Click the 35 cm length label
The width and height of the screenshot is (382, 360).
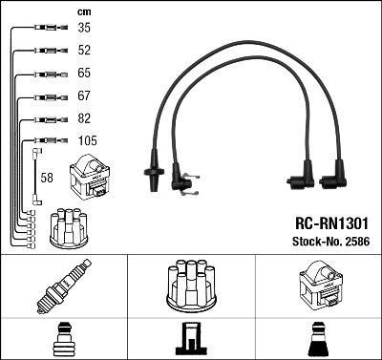[84, 28]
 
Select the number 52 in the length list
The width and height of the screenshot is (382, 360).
[84, 51]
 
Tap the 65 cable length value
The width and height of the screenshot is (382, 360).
[84, 73]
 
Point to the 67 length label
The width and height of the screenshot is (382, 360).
[84, 95]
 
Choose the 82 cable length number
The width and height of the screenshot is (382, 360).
[84, 118]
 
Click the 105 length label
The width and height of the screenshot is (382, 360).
[88, 140]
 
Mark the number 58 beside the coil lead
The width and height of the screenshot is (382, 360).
[47, 178]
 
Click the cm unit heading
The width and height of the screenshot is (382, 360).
[84, 12]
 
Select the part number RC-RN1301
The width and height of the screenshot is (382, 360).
[331, 223]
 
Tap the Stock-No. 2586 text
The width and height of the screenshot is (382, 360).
[331, 242]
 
